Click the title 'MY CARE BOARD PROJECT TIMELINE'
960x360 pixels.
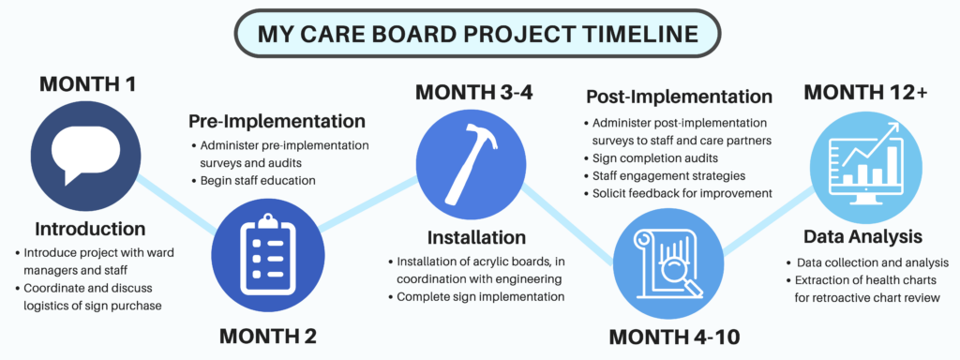click(x=477, y=34)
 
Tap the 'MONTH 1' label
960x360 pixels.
click(x=87, y=83)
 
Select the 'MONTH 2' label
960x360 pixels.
click(x=268, y=337)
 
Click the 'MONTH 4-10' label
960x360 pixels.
click(x=674, y=337)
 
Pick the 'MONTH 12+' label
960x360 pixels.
click(x=865, y=92)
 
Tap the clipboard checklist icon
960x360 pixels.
click(x=268, y=251)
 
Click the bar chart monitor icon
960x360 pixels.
click(x=865, y=160)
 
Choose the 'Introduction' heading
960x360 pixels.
click(x=91, y=229)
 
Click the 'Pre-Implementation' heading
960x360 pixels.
click(x=277, y=121)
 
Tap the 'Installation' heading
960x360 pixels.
click(x=476, y=237)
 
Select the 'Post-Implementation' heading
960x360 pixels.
click(x=679, y=97)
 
